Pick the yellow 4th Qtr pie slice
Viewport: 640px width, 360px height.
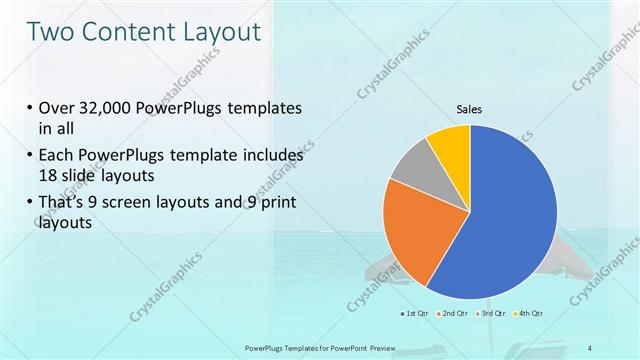451,144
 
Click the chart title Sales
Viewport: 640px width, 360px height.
470,108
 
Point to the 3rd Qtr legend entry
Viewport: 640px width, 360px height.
493,314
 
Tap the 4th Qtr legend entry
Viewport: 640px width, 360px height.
531,314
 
